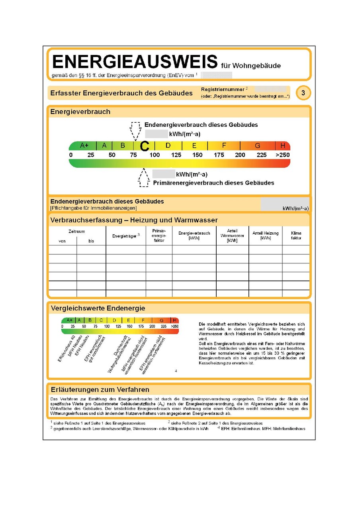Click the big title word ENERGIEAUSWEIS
pyautogui.click(x=134, y=63)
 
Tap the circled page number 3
pyautogui.click(x=303, y=93)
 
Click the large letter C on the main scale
pyautogui.click(x=145, y=147)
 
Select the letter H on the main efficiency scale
pyautogui.click(x=283, y=146)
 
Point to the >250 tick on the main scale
pyautogui.click(x=283, y=155)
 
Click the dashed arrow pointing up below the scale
pyautogui.click(x=144, y=178)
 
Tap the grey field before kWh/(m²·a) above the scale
pyautogui.click(x=156, y=134)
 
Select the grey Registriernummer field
pyautogui.click(x=270, y=89)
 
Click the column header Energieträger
pyautogui.click(x=125, y=236)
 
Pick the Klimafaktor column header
pyautogui.click(x=296, y=235)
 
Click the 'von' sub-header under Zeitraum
pyautogui.click(x=62, y=241)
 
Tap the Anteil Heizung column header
pyautogui.click(x=265, y=235)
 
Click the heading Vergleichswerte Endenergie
pyautogui.click(x=98, y=308)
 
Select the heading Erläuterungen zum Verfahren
pyautogui.click(x=100, y=389)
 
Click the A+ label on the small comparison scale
pyautogui.click(x=69, y=320)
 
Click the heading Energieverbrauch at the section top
pyautogui.click(x=80, y=112)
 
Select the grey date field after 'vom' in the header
pyautogui.click(x=216, y=75)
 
